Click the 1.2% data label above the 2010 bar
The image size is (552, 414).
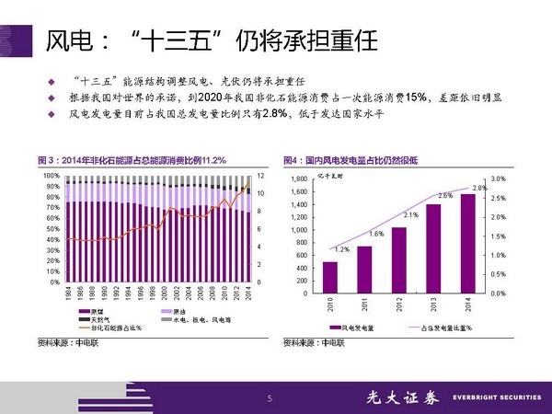tap(340, 250)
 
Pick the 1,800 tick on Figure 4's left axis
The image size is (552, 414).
tap(299, 178)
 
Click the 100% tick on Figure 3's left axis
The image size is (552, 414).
tap(51, 175)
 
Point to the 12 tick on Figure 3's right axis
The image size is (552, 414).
tap(260, 175)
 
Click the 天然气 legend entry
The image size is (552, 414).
tap(100, 319)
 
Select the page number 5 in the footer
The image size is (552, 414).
tap(270, 397)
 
